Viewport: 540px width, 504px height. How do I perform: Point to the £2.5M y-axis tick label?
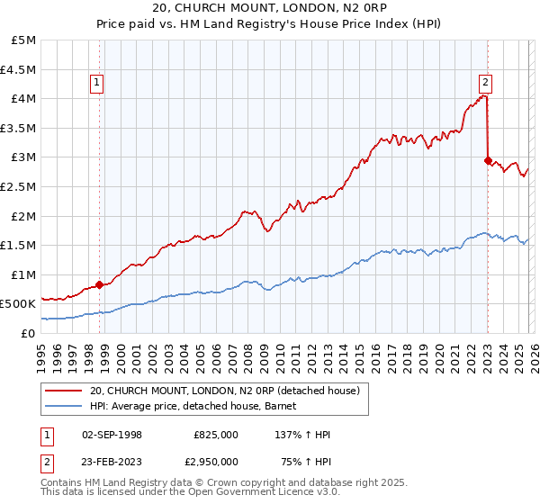(x=19, y=186)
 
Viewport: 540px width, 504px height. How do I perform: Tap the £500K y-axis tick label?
(x=19, y=303)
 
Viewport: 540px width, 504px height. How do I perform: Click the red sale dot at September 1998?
(x=99, y=284)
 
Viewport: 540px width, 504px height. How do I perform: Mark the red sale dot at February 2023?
(x=488, y=160)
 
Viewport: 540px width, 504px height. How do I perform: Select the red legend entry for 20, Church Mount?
(x=224, y=391)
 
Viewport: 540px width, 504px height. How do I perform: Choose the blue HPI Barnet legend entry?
(x=199, y=407)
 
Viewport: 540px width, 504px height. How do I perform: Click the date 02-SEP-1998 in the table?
(x=112, y=435)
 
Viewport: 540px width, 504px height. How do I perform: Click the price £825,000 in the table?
(x=216, y=435)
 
